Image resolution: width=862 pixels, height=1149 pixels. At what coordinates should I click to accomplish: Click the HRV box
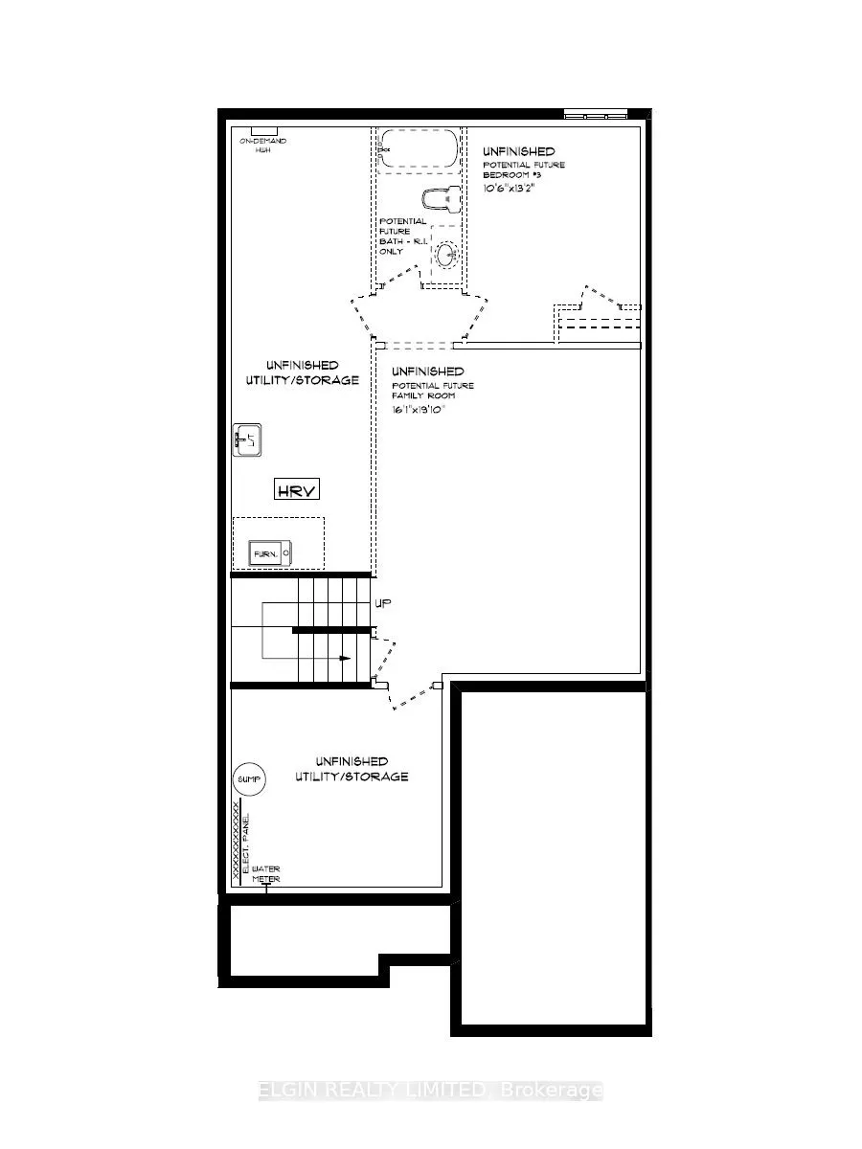[x=297, y=490]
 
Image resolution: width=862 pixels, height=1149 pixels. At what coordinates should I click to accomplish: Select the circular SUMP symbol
[x=247, y=780]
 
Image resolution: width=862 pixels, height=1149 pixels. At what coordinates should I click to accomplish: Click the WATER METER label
[x=266, y=874]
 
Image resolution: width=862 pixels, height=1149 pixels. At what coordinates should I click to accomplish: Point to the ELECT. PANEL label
[x=246, y=843]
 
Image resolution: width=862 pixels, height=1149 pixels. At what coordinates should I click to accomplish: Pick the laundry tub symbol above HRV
[x=247, y=440]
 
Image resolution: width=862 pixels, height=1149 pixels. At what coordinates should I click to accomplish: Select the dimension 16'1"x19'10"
[x=419, y=409]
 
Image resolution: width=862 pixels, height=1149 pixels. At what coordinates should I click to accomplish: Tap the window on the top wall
[x=595, y=115]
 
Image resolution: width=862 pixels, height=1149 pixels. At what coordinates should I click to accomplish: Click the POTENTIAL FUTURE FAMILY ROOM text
[x=432, y=391]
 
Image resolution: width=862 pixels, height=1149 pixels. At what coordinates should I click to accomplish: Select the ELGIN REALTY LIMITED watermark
[x=430, y=1091]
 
